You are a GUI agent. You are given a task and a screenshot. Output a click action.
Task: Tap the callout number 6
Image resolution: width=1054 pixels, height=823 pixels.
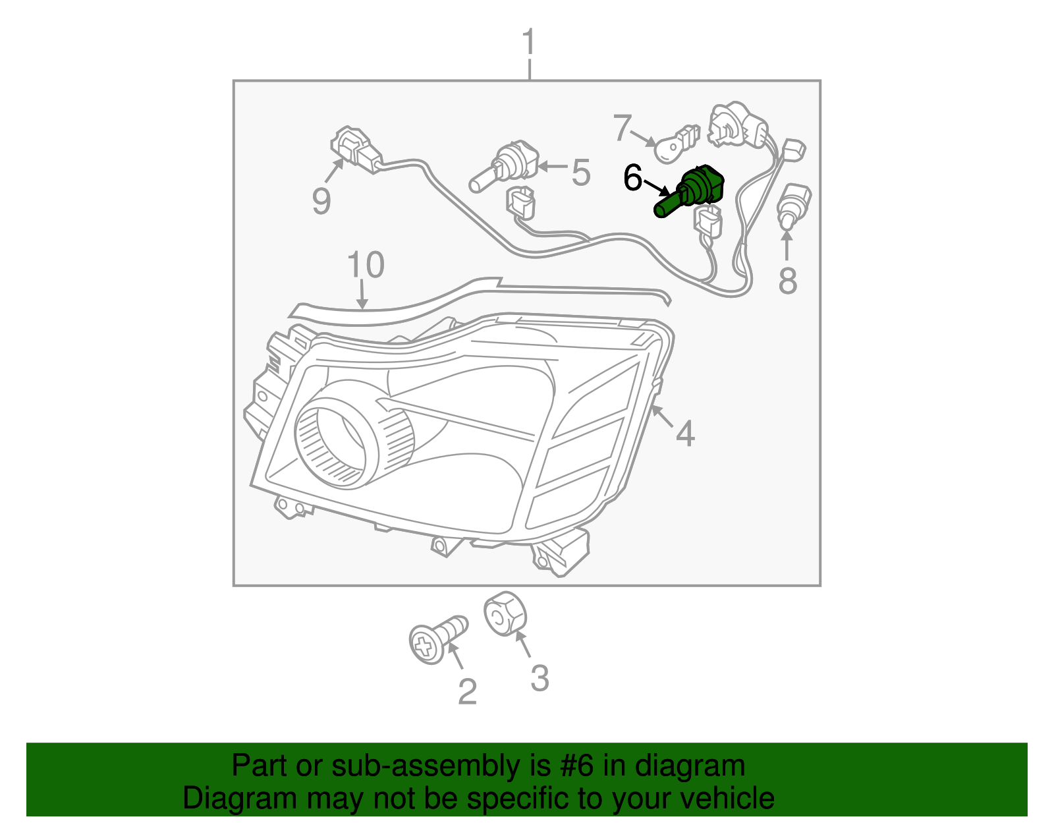point(632,178)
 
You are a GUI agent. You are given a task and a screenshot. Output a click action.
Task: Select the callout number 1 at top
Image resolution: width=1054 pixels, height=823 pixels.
point(529,43)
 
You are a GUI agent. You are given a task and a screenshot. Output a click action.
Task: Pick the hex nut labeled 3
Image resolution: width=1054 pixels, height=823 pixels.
point(505,614)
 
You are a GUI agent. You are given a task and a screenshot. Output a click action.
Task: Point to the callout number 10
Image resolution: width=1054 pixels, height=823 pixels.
point(365,265)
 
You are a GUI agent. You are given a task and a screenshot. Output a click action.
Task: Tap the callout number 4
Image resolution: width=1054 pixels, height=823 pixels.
point(685,434)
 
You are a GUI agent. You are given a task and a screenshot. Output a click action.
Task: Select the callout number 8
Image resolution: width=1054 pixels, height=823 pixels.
point(787,280)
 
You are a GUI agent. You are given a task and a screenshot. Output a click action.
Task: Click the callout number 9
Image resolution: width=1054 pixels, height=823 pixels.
point(321,200)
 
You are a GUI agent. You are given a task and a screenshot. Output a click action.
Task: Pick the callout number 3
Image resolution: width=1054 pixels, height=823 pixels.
point(539,678)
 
